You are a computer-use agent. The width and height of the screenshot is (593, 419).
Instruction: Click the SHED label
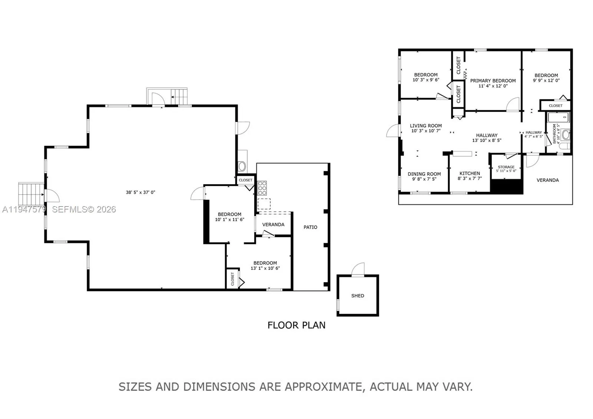point(358,296)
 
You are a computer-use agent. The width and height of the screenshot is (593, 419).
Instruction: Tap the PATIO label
point(310,227)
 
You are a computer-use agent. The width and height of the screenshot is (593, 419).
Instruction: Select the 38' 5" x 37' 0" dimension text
point(140,192)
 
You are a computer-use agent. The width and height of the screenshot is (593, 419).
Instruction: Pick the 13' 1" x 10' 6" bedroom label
point(265,265)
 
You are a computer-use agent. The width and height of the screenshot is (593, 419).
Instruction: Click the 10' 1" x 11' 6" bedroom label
point(229,217)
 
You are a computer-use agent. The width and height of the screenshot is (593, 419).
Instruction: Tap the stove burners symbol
point(262,188)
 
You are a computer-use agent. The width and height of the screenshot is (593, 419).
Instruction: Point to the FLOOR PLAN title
point(296,325)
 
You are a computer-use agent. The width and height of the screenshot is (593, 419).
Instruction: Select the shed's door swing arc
point(358,268)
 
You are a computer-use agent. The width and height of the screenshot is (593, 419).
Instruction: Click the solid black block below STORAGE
point(506,187)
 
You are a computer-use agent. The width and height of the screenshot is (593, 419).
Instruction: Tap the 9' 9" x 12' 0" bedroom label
point(546,77)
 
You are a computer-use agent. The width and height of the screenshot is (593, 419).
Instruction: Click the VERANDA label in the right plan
point(547,180)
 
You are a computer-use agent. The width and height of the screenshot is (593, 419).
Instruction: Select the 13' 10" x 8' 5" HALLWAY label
point(487,138)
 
